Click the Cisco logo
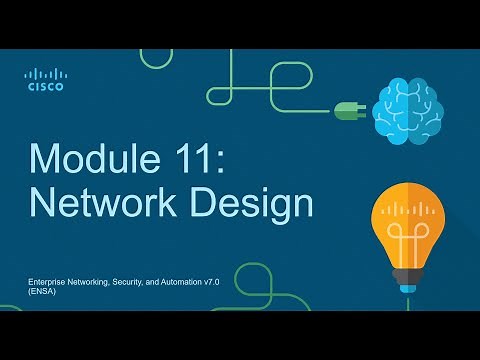tap(45, 79)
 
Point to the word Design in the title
tap(255, 203)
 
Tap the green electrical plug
tap(350, 112)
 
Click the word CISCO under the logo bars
tap(45, 87)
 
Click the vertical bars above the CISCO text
tap(45, 74)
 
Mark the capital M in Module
tap(46, 159)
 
